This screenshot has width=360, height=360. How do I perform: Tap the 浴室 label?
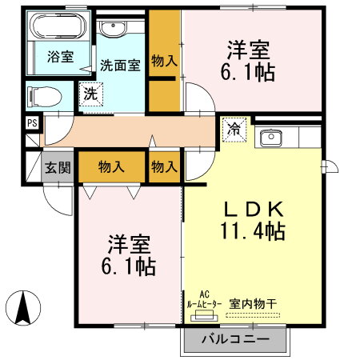point(58,57)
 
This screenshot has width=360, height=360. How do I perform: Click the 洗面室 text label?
point(120,66)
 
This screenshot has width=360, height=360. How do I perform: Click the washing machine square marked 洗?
point(90,94)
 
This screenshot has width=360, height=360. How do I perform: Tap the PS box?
point(31,122)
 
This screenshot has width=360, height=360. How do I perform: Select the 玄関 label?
point(58,168)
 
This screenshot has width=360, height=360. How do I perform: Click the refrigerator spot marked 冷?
point(236,129)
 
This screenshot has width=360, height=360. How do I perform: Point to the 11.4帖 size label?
point(254,232)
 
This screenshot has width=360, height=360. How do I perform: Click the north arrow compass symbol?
point(25,308)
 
